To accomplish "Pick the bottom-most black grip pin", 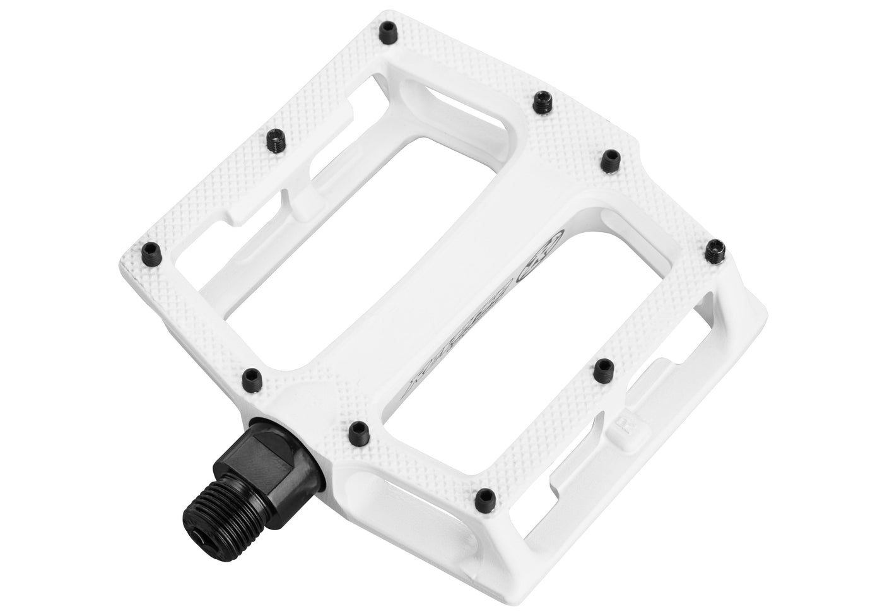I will (x=485, y=495).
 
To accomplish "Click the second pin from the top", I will (x=541, y=101).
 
